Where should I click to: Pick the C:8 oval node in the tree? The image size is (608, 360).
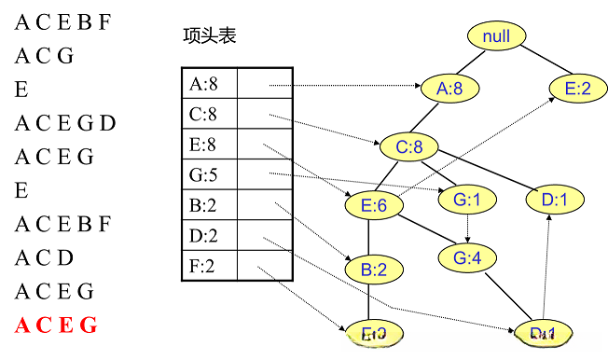408,146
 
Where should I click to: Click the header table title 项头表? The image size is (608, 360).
210,37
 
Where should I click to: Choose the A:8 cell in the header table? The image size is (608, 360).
209,85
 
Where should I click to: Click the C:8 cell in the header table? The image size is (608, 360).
209,115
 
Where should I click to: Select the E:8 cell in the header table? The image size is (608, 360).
209,145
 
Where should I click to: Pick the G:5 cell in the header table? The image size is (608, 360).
209,174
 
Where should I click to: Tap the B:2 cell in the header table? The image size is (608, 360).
209,205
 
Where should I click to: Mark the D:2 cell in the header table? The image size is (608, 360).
209,236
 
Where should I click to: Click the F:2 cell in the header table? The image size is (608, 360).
209,266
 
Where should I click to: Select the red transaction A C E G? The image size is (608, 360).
55,325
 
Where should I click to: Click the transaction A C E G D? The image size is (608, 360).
64,123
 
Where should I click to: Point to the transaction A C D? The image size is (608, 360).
44,258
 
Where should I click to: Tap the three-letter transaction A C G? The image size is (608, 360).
44,56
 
